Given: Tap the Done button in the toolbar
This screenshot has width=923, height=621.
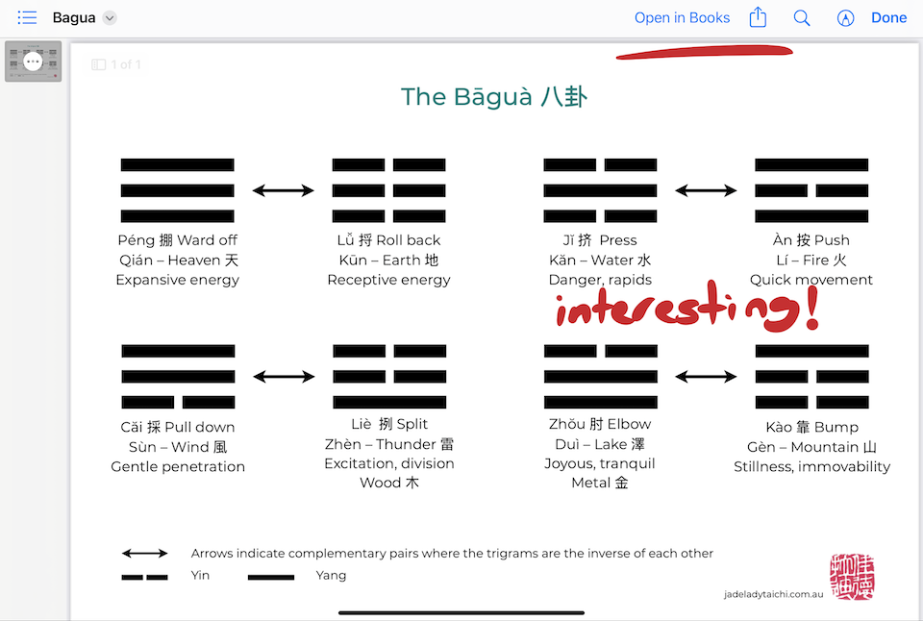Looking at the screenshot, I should [888, 17].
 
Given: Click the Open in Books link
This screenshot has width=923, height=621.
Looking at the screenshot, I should [682, 17].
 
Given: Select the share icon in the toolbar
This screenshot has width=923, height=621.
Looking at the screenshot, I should [758, 17].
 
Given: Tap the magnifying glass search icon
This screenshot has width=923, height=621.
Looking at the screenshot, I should [802, 17].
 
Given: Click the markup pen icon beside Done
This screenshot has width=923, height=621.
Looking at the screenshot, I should [845, 17].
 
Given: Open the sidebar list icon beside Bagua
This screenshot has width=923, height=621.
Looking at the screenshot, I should [27, 17].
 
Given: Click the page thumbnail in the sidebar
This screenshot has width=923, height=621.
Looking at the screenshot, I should [34, 62].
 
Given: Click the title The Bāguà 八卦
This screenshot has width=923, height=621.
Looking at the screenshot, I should [494, 96].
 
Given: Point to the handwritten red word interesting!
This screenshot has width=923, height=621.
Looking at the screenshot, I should [686, 310].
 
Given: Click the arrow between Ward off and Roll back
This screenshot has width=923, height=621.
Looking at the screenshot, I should [284, 190].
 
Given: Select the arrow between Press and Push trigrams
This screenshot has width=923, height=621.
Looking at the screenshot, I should [707, 190].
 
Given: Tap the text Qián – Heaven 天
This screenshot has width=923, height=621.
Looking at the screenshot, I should [178, 260].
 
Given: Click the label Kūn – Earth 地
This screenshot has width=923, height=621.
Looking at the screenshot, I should [388, 260].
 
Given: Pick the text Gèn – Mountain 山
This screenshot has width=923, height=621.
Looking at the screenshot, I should [811, 447].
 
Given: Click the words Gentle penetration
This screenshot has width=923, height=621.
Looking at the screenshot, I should [178, 466].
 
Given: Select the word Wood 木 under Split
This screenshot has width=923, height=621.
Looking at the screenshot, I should [388, 483].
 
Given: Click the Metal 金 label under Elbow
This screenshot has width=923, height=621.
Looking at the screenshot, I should [600, 483].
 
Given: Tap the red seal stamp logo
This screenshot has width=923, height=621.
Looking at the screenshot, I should [852, 577].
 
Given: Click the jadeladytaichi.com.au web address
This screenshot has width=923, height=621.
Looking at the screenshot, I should [773, 594].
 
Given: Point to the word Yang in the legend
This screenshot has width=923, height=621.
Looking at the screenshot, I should [331, 575].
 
